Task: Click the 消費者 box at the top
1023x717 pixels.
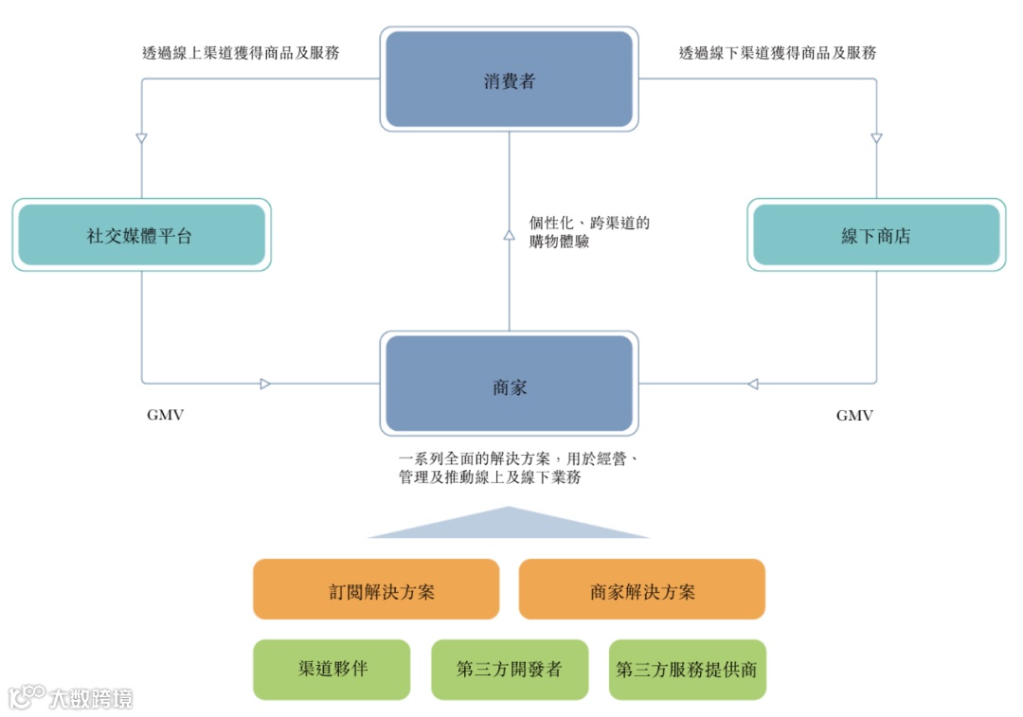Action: (x=509, y=80)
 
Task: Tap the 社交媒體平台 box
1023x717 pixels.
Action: (x=141, y=235)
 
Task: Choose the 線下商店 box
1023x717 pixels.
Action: (x=876, y=235)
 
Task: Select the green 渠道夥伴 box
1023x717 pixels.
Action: (x=332, y=669)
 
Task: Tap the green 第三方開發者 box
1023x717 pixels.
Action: (x=509, y=669)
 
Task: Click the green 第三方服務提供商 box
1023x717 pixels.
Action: (x=687, y=669)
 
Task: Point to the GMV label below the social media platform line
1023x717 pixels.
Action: (x=165, y=415)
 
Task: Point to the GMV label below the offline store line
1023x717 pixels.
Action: (x=854, y=415)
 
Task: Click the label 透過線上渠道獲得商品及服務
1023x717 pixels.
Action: (x=241, y=53)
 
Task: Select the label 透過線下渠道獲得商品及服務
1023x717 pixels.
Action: (x=778, y=53)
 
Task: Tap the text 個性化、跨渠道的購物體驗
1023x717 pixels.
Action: (x=589, y=233)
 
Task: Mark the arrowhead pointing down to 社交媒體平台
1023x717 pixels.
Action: (x=141, y=138)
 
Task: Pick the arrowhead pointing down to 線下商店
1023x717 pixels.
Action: (x=876, y=138)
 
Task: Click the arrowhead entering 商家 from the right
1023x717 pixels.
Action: (x=752, y=384)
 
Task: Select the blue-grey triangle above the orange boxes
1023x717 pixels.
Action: (x=509, y=525)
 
